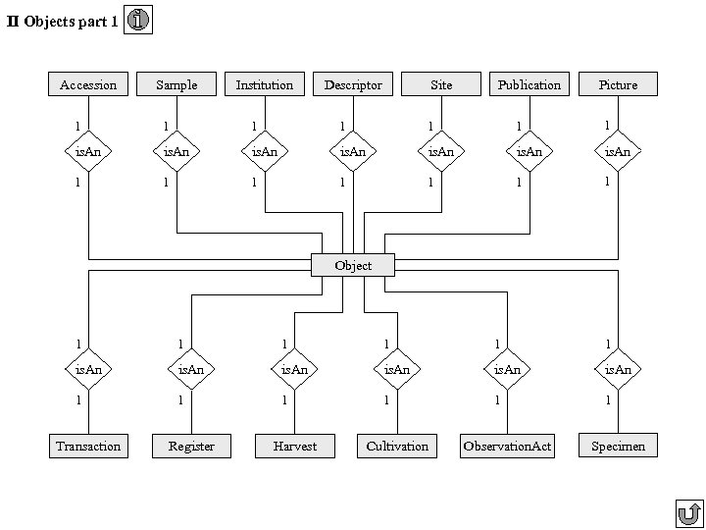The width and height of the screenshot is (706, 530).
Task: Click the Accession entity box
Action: point(88,84)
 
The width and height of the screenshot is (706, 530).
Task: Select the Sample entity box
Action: point(176,84)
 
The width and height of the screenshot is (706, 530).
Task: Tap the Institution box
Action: point(265,84)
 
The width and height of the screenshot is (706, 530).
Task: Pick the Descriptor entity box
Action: point(353,84)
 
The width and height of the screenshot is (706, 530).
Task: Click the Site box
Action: point(441,84)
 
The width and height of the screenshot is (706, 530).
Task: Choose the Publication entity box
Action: point(529,84)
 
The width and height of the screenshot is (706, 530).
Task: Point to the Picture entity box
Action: point(618,84)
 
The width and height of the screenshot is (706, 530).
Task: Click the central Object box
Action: point(353,265)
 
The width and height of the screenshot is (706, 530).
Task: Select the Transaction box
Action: point(88,446)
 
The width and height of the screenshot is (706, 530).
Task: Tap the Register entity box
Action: point(191,446)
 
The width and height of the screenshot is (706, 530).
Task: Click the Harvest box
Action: point(295,446)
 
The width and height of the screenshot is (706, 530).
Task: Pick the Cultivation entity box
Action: point(397,446)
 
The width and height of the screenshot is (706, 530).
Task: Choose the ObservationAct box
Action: point(507,446)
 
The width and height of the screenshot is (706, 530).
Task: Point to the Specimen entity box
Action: point(618,445)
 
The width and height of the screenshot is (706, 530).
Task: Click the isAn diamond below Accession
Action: point(88,151)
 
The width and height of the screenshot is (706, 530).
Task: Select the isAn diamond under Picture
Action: point(618,151)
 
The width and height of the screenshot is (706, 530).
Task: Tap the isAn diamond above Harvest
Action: point(295,369)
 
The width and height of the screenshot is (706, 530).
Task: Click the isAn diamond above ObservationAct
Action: point(507,369)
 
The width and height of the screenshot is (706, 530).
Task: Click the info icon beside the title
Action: point(139,21)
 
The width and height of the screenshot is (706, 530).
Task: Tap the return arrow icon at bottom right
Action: point(688,513)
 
